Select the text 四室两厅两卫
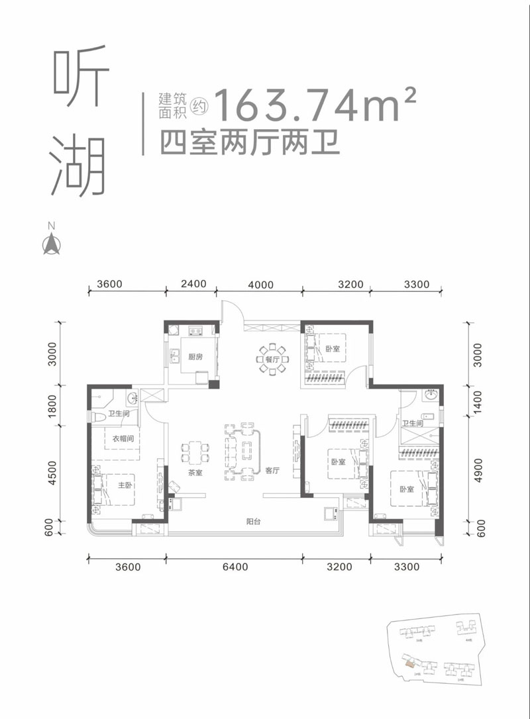pyautogui.click(x=246, y=142)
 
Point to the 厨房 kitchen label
pyautogui.click(x=195, y=357)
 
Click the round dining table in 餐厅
pyautogui.click(x=272, y=358)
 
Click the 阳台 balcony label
pyautogui.click(x=252, y=522)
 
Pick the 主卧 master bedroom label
pyautogui.click(x=126, y=485)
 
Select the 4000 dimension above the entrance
pyautogui.click(x=260, y=285)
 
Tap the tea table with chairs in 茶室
pyautogui.click(x=195, y=453)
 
